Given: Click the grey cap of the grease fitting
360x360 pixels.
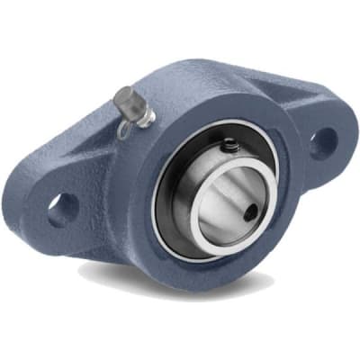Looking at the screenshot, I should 130,101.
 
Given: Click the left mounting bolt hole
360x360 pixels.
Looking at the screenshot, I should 63,209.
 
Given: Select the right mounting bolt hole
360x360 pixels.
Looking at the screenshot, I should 321,141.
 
